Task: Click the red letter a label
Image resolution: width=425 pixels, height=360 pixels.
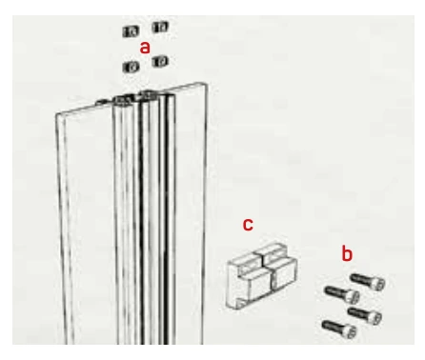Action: pos(145,48)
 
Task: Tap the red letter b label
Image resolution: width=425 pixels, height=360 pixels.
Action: pos(347,254)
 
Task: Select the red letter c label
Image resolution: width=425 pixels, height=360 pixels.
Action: pos(248,224)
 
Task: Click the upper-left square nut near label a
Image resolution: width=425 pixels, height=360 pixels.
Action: pos(131,31)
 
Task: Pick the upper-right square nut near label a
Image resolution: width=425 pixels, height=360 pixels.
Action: pos(160,28)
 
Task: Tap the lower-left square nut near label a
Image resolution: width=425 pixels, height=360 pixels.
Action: pos(131,67)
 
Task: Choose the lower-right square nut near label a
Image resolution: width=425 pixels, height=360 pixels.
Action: pos(160,61)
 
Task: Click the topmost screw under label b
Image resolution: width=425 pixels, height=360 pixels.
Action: pos(368,281)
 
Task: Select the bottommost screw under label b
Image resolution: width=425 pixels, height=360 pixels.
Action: pos(339,330)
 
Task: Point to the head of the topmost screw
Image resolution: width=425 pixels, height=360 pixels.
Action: pos(378,283)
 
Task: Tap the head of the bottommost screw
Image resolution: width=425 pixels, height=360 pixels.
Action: pos(350,331)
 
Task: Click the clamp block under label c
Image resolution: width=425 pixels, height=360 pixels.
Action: pos(261,276)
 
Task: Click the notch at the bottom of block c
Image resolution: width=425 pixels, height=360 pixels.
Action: pos(241,303)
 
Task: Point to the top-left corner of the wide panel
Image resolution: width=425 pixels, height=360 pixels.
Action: pos(57,113)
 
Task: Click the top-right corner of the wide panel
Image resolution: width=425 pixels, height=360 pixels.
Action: pos(206,84)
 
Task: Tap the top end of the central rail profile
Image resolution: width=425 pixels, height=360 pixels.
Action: pos(144,97)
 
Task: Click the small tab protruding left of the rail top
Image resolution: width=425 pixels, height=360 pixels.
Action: pos(103,102)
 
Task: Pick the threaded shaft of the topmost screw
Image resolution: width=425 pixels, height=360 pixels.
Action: pos(361,279)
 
